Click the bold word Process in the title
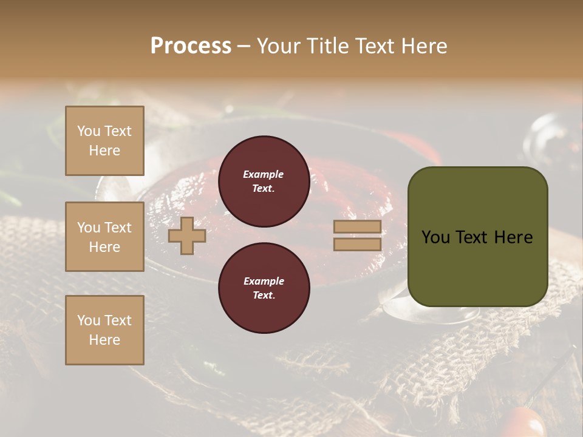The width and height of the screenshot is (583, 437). pos(191,46)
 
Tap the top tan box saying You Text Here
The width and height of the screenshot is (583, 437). pos(104,141)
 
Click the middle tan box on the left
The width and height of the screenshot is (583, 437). pos(104,237)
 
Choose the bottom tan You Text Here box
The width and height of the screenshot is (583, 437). pos(104,330)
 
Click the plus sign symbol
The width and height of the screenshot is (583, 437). pos(187,236)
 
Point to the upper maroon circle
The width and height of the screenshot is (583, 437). pos(264,181)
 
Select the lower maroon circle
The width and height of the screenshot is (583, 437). pos(264,288)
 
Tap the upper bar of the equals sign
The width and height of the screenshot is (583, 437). pos(357,227)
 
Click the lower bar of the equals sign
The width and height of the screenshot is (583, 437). pos(357,245)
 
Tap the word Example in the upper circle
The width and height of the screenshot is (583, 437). pos(264,174)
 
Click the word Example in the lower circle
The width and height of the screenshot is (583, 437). pos(264,281)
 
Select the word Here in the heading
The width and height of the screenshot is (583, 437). pos(424,46)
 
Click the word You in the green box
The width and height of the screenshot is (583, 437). pos(435,237)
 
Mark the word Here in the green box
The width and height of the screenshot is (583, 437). pos(513,237)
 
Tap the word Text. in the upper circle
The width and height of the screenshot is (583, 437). pos(264,188)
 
